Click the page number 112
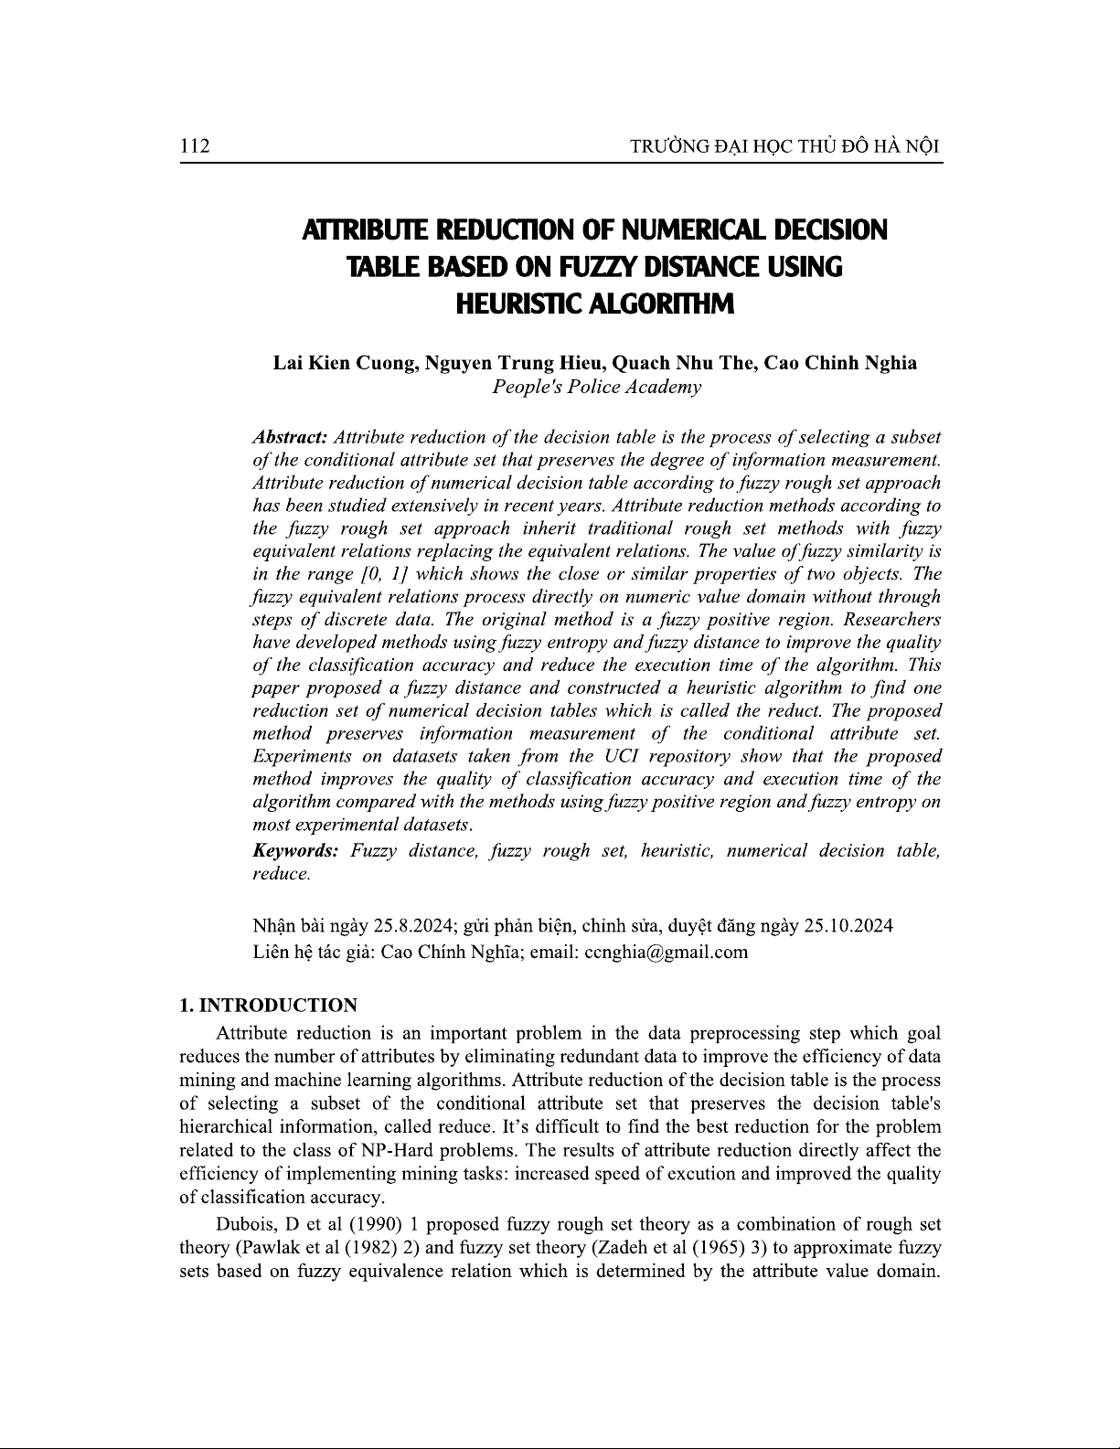tap(196, 146)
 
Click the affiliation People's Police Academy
tap(596, 387)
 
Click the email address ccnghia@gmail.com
tap(666, 952)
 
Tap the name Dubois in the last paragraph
tap(243, 1224)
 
